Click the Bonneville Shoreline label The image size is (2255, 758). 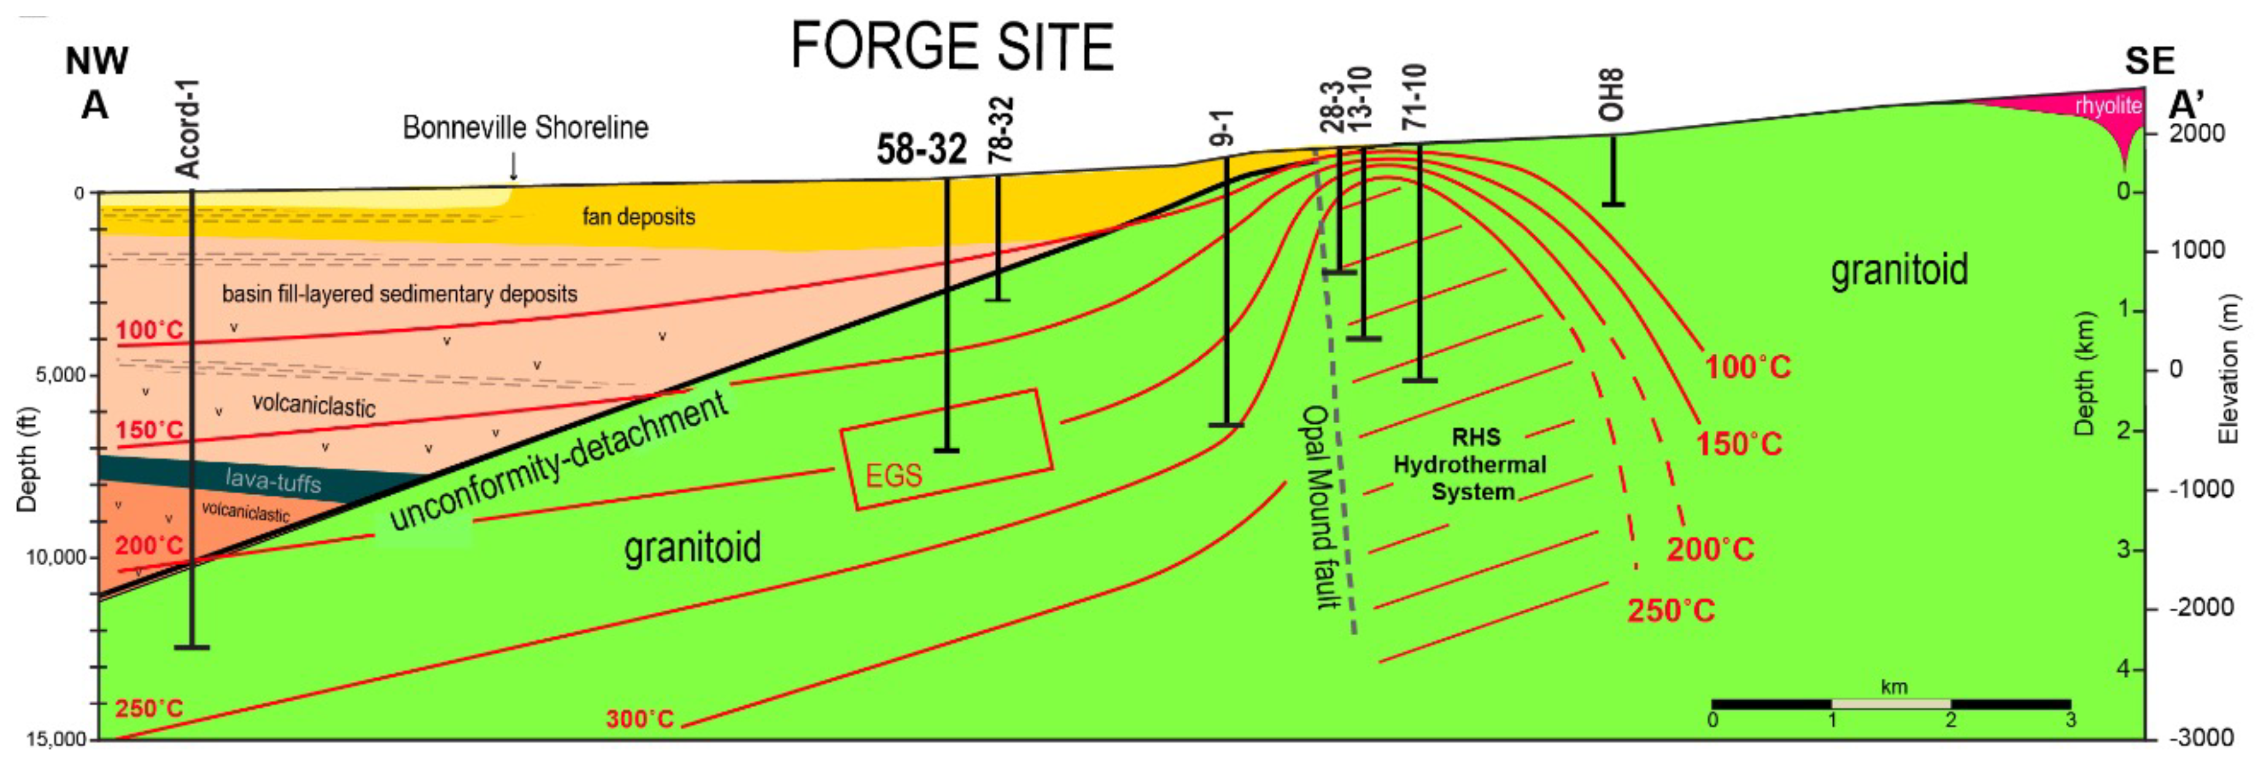coord(525,128)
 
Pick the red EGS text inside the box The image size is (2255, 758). coord(893,475)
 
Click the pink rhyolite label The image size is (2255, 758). coord(2108,105)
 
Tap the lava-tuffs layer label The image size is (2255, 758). coord(273,480)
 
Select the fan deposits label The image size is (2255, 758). coord(639,216)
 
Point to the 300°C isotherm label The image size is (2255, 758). coord(640,719)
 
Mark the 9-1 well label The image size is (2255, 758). coord(1222,128)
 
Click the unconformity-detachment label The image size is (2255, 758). coord(558,461)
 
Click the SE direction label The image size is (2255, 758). coord(2149,61)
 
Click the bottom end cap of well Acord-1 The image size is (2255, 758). coord(192,647)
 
